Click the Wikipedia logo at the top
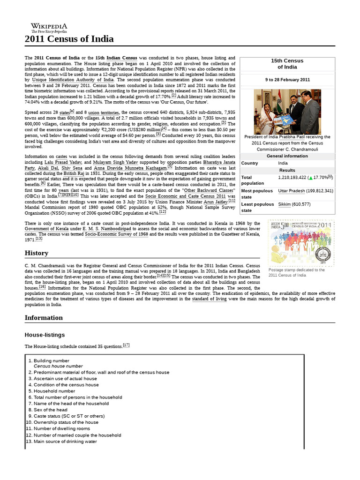click(49, 28)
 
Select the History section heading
click(36, 253)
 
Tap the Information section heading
click(43, 317)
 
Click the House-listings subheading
click(45, 335)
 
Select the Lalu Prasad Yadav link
click(60, 162)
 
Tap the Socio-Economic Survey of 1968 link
click(116, 233)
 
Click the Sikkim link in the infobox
click(284, 204)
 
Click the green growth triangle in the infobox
click(311, 177)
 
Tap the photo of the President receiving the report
click(287, 112)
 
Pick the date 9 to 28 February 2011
click(287, 80)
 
